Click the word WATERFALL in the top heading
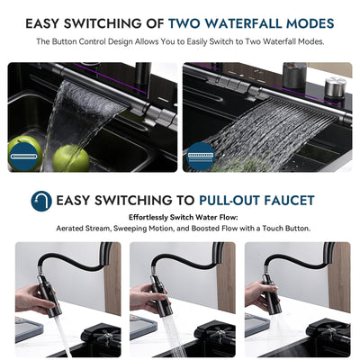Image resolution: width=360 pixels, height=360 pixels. pyautogui.click(x=251, y=23)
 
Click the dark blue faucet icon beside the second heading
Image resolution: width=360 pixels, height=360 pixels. pyautogui.click(x=40, y=201)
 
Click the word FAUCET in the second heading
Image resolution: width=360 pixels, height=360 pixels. pyautogui.click(x=291, y=201)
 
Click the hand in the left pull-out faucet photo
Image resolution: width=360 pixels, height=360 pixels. pyautogui.click(x=33, y=297)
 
